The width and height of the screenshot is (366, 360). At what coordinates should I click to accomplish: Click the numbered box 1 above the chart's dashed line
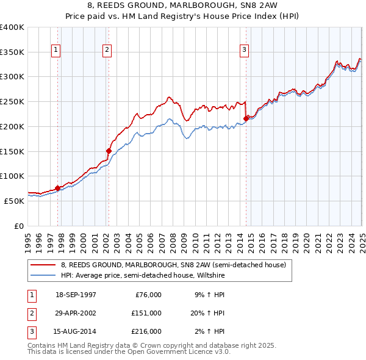click(x=56, y=50)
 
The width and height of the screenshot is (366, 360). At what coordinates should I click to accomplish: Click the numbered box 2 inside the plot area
click(x=107, y=50)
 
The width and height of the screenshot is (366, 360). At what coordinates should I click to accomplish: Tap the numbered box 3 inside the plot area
click(x=244, y=50)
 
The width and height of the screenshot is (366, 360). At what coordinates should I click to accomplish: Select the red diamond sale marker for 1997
click(x=58, y=188)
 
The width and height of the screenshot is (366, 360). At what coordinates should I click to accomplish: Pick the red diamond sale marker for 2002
click(x=109, y=151)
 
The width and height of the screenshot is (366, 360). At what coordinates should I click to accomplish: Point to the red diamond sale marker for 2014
click(x=246, y=118)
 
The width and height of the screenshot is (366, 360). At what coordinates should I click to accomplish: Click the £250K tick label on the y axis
click(x=12, y=101)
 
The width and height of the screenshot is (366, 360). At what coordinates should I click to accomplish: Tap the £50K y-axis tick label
click(x=14, y=201)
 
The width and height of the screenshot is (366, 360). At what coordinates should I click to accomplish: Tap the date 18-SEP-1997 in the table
click(x=76, y=295)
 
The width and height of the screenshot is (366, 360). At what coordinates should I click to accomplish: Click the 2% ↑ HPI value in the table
click(x=210, y=331)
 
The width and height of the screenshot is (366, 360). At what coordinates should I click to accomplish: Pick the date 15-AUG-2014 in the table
click(x=76, y=331)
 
